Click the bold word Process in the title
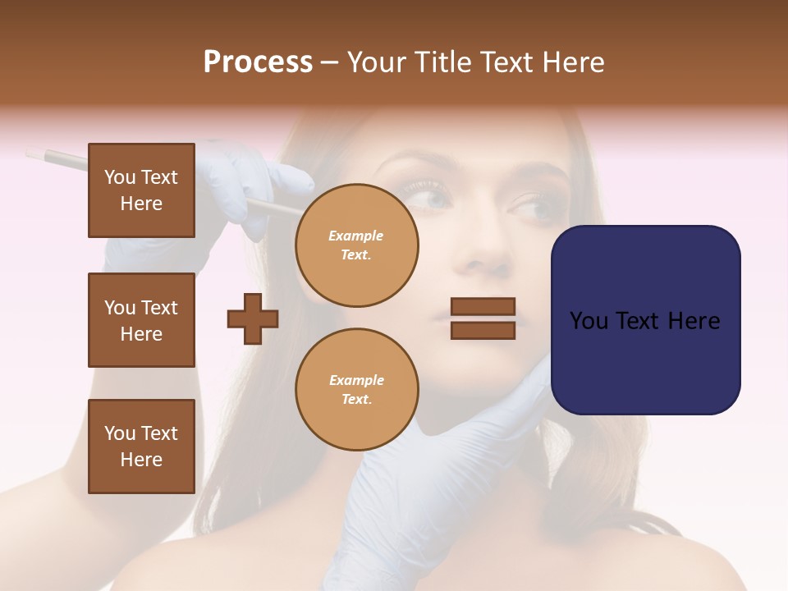(258, 62)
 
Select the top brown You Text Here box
(141, 190)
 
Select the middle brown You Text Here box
(141, 320)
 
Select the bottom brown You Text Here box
(141, 446)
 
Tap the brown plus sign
(253, 318)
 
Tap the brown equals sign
(483, 318)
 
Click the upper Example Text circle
(356, 245)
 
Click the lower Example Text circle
(356, 390)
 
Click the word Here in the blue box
(694, 321)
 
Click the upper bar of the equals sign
(483, 307)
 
